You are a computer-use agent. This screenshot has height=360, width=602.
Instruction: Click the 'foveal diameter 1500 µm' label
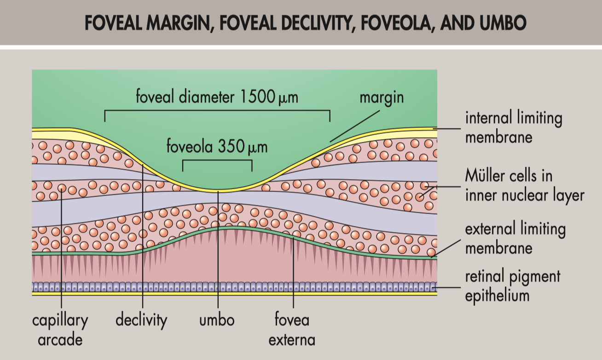click(217, 97)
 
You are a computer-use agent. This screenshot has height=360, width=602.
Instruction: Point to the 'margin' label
click(382, 97)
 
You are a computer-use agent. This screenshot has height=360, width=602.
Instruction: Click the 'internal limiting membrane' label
click(513, 128)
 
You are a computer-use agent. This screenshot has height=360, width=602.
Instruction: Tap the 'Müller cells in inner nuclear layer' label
click(524, 186)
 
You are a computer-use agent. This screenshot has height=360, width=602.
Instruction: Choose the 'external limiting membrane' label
click(515, 238)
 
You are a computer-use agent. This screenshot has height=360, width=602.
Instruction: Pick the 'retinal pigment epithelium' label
click(512, 285)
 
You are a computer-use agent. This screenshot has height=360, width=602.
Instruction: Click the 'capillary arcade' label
click(60, 330)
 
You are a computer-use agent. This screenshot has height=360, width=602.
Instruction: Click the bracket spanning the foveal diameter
click(217, 110)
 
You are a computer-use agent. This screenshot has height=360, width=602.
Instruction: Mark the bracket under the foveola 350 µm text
click(217, 160)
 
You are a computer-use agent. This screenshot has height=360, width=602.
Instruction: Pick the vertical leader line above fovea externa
click(293, 272)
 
